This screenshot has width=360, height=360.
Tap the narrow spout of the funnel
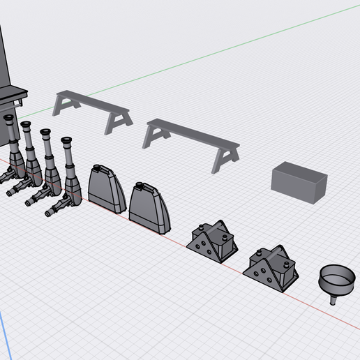(333, 301)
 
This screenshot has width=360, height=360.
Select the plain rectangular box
(299, 181)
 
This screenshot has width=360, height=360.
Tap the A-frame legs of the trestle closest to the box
(225, 158)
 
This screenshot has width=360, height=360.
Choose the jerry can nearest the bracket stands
(148, 205)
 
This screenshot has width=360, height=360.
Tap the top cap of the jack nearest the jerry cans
(67, 142)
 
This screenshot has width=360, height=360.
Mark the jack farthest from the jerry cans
(13, 150)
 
